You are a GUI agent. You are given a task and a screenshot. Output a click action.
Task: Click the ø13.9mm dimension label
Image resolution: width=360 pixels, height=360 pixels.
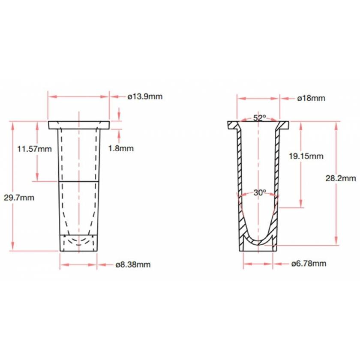(x=145, y=96)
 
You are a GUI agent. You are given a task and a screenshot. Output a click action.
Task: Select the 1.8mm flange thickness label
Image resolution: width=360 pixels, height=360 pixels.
(x=121, y=148)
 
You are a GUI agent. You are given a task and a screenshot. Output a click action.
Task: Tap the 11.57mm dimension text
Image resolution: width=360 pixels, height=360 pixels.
(x=34, y=149)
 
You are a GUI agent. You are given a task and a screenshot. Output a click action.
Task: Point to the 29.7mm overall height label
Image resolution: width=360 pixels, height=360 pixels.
(x=22, y=198)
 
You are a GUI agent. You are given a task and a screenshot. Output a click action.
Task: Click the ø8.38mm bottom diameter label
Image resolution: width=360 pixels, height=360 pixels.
(x=133, y=264)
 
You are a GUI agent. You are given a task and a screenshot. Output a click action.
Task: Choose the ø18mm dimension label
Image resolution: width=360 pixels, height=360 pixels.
(x=311, y=98)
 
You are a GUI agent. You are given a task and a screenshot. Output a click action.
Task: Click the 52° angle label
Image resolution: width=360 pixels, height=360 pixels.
(x=259, y=117)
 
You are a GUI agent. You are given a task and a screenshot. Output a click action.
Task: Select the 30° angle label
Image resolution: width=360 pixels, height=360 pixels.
(x=259, y=193)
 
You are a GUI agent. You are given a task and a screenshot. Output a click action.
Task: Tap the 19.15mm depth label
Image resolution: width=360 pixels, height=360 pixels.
(x=306, y=156)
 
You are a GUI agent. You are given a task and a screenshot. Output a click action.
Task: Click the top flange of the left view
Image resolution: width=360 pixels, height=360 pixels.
(x=79, y=125)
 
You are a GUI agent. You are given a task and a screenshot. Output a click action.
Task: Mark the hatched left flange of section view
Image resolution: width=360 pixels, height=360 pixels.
(x=233, y=126)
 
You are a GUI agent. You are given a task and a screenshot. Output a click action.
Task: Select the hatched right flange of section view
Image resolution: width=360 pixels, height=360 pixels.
(x=283, y=126)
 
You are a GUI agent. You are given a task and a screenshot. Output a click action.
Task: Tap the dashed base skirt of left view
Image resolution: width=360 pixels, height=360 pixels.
(x=78, y=243)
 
